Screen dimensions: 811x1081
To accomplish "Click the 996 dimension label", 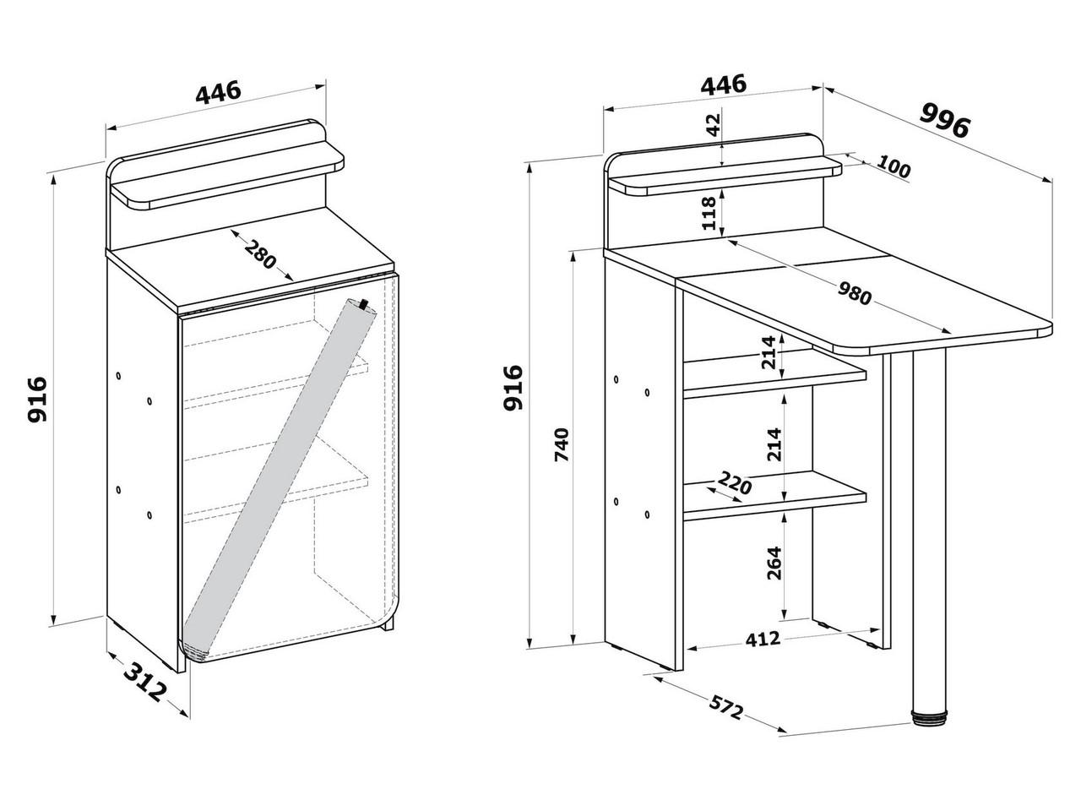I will coord(945,120).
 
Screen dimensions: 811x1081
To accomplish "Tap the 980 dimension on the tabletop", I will coord(855,292).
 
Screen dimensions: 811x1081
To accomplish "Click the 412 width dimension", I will coord(762,639).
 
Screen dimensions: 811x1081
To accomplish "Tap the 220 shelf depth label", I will coord(734,486).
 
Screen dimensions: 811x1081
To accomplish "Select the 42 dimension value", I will coord(714,127).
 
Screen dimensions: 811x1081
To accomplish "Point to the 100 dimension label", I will coord(894,167).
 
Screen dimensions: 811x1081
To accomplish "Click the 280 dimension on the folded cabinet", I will coord(260,255).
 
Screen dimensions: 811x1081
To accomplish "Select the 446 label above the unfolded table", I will coord(724,84).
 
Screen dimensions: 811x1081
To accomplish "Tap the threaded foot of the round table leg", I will coord(930,719).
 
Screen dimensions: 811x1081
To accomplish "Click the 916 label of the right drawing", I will coord(512,389).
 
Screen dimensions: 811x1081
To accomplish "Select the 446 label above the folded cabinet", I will coord(219,91).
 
